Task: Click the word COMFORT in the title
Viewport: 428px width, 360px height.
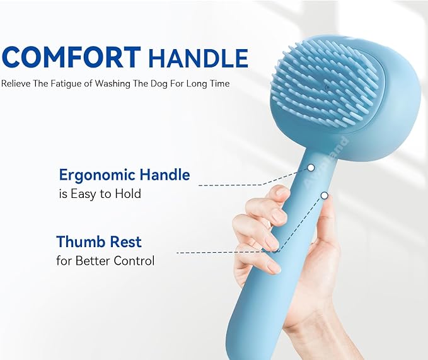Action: [x=72, y=57]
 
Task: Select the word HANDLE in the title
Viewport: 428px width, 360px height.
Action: [x=198, y=59]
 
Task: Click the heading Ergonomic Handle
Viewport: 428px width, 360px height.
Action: [x=124, y=175]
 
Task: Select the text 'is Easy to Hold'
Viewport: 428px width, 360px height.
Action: [x=100, y=194]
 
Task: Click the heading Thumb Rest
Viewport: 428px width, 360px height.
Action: [x=99, y=241]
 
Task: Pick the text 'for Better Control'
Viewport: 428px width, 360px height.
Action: [x=105, y=260]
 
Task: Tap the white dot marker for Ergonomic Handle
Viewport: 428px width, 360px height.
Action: [x=311, y=168]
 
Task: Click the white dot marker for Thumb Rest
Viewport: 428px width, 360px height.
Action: [x=324, y=195]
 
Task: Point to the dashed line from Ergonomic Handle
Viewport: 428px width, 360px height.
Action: [x=252, y=184]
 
